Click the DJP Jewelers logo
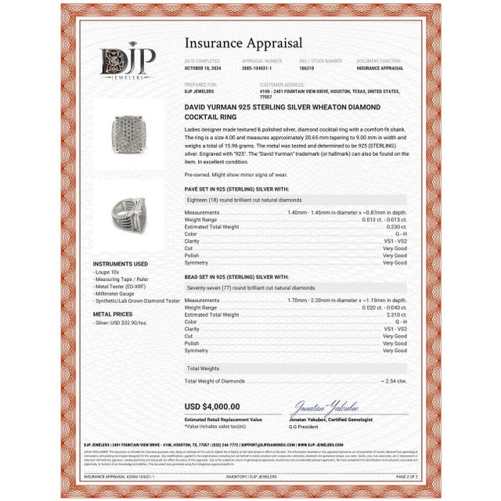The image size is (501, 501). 128,63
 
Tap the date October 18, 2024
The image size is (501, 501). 203,68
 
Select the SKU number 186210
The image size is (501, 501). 308,68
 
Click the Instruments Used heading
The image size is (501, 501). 120,264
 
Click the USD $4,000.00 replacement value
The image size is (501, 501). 212,406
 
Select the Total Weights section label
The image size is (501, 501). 202,367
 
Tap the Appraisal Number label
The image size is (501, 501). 261,60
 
